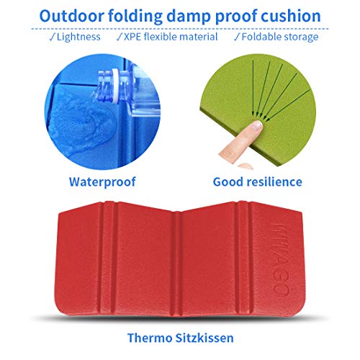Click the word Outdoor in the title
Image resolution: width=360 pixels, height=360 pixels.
click(x=71, y=16)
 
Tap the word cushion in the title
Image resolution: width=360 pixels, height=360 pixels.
click(x=291, y=16)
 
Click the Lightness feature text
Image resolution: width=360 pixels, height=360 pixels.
click(x=78, y=37)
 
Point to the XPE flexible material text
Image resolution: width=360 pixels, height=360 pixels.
click(x=171, y=37)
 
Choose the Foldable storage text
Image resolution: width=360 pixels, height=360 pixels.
click(x=280, y=37)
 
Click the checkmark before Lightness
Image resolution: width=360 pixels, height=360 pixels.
click(x=52, y=37)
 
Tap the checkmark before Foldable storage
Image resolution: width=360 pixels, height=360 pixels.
click(x=237, y=37)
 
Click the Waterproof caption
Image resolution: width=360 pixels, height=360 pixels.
click(x=102, y=181)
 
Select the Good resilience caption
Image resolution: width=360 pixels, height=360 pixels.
click(x=257, y=181)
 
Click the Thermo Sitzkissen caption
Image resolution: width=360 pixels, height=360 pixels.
click(x=180, y=338)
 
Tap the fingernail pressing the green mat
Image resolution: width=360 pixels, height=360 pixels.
click(x=256, y=125)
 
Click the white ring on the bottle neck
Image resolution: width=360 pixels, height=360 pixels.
click(x=117, y=87)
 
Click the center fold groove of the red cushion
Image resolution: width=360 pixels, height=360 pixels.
click(x=176, y=264)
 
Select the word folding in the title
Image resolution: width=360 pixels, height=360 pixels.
click(x=135, y=17)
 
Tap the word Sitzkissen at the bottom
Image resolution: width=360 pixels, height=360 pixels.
click(x=204, y=338)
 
